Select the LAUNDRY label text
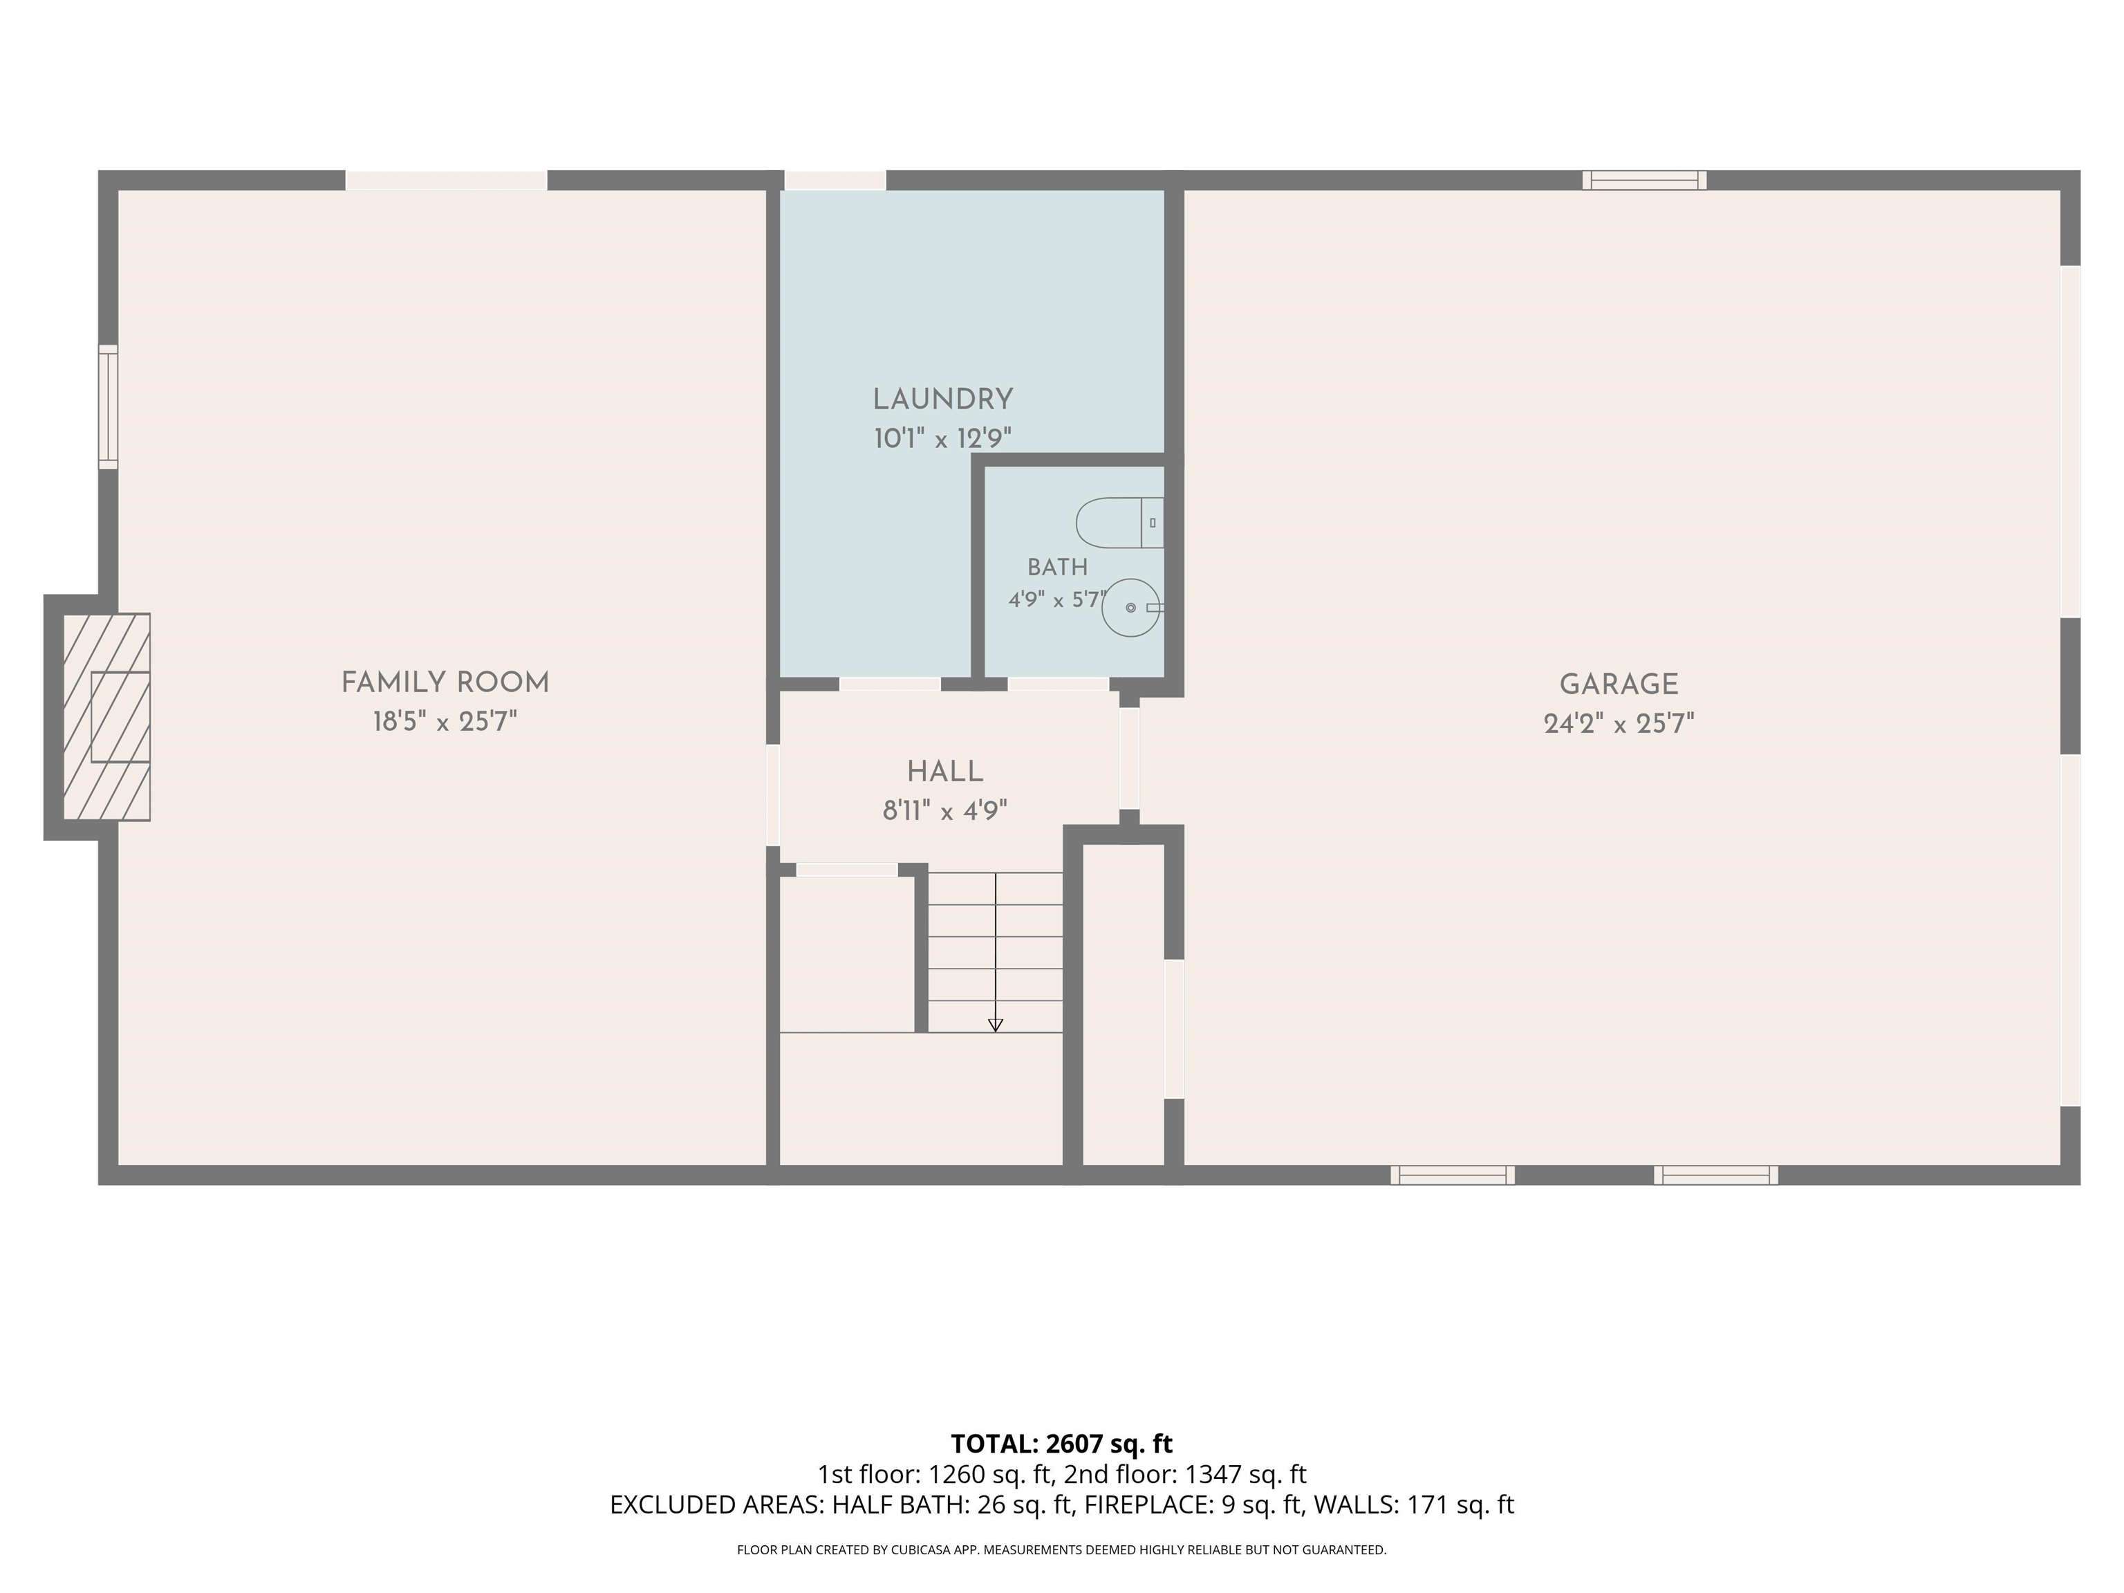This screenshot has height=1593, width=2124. (943, 400)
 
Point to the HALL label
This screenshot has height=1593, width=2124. (945, 772)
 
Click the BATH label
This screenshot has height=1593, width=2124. (1057, 568)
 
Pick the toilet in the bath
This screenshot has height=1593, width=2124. (1119, 523)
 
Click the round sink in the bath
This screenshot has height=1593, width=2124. (1132, 608)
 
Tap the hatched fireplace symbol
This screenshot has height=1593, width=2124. (106, 716)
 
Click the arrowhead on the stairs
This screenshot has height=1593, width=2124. (996, 1025)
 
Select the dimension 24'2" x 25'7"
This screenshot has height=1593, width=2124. (1619, 724)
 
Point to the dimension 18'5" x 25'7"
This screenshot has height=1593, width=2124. (445, 722)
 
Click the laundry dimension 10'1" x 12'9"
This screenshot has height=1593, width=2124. (943, 439)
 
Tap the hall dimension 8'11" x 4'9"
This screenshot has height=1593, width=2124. (945, 812)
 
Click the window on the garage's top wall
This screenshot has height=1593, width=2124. (1645, 180)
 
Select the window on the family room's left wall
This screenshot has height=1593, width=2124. (109, 407)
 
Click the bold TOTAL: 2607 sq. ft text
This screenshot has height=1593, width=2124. (1062, 1444)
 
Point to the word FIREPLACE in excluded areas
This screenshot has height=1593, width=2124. (1146, 1504)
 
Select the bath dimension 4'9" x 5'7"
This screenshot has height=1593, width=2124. (1057, 601)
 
